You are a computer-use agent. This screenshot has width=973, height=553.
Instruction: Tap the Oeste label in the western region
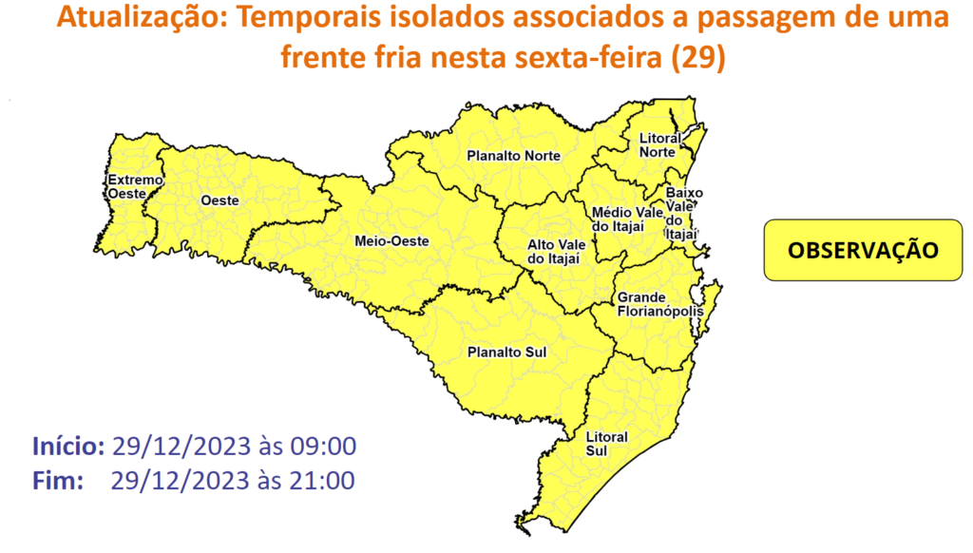point(219,200)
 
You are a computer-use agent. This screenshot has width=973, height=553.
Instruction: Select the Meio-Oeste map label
point(392,241)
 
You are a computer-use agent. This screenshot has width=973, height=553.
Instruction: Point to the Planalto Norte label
point(514,156)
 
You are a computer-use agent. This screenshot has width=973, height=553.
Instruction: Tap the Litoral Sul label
point(607,443)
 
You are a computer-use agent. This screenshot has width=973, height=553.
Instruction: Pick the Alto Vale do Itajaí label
point(554,252)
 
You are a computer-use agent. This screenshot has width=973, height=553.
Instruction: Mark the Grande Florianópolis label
point(659,304)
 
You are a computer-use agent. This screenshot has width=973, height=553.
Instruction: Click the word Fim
point(53,481)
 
